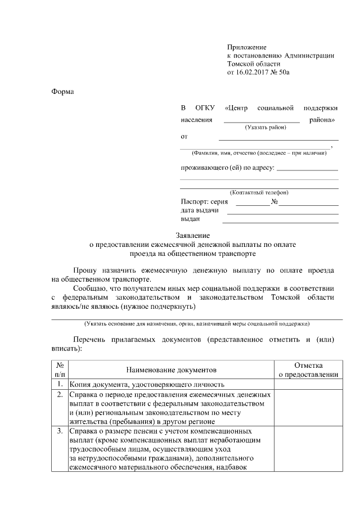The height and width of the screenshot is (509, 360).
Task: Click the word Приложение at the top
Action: (246, 47)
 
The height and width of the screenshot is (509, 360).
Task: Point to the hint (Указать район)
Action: (265, 128)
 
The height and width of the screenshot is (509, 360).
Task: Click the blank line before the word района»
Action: (262, 120)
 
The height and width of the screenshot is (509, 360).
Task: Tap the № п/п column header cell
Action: (60, 370)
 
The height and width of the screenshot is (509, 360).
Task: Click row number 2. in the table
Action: (60, 395)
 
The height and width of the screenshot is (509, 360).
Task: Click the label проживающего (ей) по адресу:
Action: (227, 168)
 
